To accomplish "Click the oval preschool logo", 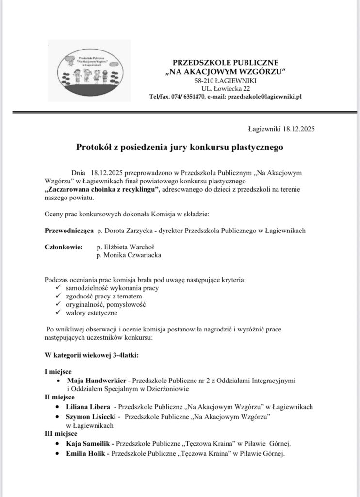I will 90,70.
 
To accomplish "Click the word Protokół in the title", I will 94,146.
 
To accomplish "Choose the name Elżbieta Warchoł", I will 125,247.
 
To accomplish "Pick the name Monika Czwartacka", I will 129,255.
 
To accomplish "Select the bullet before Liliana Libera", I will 59,407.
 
